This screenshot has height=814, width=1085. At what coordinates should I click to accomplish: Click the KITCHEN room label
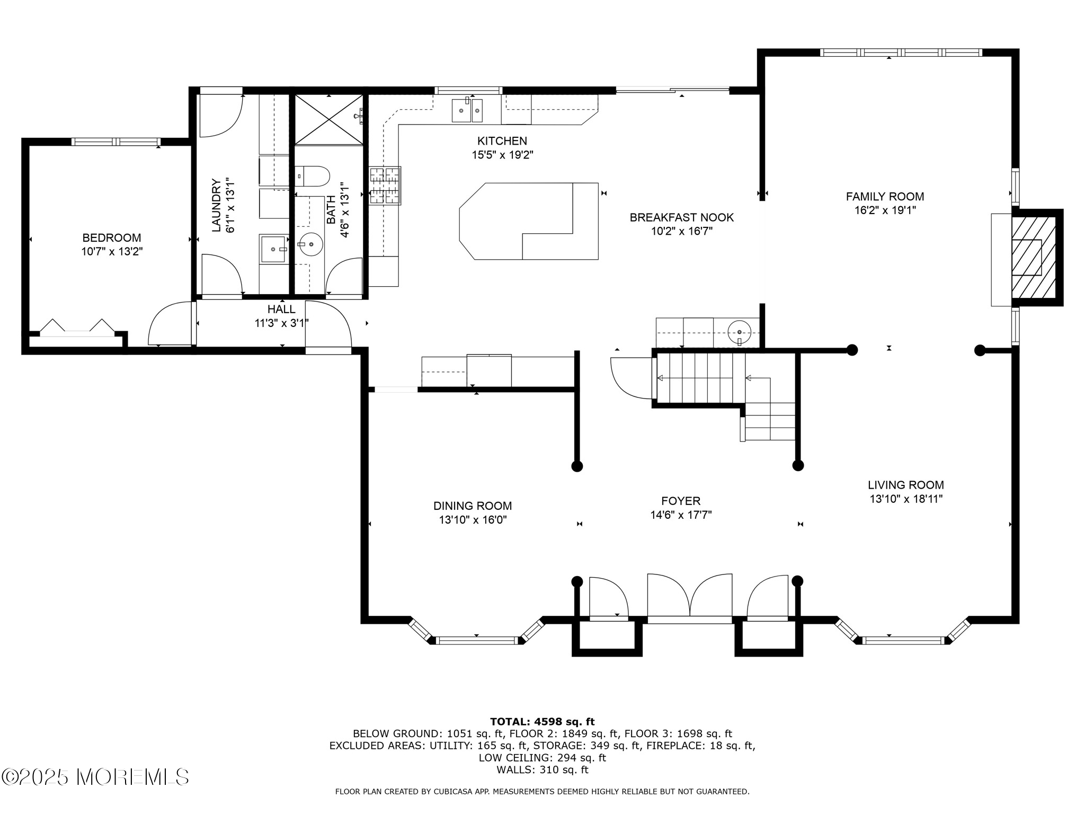(x=502, y=141)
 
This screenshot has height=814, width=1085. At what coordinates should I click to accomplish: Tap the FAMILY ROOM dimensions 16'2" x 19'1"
(x=885, y=210)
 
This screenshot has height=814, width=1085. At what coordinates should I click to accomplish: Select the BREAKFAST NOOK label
(x=681, y=217)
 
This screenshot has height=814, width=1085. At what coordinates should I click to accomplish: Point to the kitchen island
(x=529, y=222)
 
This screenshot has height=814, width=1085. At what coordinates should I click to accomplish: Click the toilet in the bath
(x=312, y=176)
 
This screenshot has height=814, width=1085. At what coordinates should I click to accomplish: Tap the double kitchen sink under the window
(x=467, y=111)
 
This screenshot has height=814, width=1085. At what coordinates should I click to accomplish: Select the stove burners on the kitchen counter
(x=385, y=185)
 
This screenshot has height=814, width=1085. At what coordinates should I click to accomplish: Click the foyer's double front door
(x=690, y=596)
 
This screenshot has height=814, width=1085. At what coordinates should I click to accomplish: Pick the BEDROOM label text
(x=111, y=238)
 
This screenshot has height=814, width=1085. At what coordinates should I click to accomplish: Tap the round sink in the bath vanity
(x=310, y=244)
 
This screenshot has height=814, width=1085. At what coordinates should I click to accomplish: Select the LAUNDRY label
(x=216, y=205)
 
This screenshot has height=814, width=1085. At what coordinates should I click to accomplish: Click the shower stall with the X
(x=328, y=119)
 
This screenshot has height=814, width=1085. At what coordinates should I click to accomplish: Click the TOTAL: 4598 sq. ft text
(x=542, y=721)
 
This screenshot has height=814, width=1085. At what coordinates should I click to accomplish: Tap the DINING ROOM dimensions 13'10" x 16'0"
(x=473, y=520)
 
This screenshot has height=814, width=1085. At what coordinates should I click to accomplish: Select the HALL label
(x=281, y=309)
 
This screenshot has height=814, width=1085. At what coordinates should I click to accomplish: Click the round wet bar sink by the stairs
(x=739, y=332)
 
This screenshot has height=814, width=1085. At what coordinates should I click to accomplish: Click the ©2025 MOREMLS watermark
(x=95, y=777)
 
